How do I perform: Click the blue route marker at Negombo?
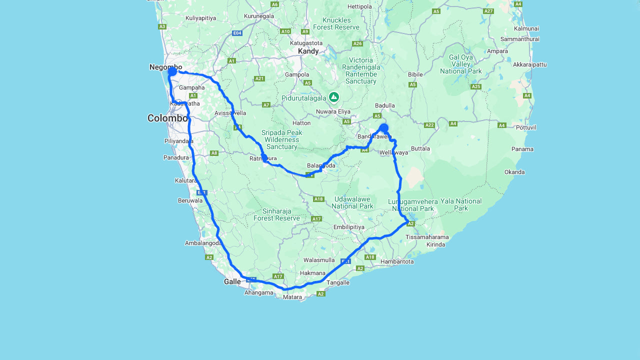(x=172, y=71)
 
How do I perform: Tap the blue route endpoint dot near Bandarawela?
(x=383, y=128)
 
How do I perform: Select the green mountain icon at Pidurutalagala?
(x=334, y=97)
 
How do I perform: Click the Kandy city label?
(x=308, y=51)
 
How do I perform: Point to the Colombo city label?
(x=167, y=118)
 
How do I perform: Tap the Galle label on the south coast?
(x=232, y=281)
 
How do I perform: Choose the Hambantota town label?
(x=397, y=261)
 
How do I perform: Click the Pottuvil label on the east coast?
(x=526, y=127)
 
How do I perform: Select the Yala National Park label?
(x=460, y=204)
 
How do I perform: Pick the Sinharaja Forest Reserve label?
(x=276, y=214)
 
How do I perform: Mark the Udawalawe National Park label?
(x=352, y=202)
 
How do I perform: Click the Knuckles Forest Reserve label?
(x=336, y=23)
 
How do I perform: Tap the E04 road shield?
(x=237, y=33)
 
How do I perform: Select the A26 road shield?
(x=357, y=43)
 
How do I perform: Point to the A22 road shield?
(x=429, y=125)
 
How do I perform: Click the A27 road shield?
(x=488, y=11)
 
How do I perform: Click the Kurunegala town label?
(x=259, y=16)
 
